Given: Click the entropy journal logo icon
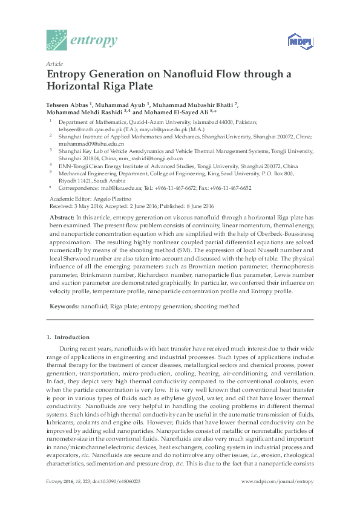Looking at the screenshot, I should (x=57, y=41).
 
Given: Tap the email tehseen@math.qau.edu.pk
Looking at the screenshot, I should (x=87, y=129).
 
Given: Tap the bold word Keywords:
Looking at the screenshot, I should (x=64, y=306).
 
